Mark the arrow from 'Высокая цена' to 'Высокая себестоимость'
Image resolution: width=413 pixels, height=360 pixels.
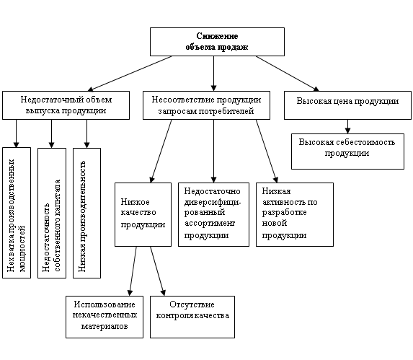[x=347, y=126]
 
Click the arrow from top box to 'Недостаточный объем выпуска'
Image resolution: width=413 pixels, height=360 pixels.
[x=130, y=74]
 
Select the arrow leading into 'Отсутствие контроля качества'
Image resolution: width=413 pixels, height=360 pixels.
[x=158, y=271]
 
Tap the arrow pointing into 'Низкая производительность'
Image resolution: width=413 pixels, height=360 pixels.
[x=86, y=133]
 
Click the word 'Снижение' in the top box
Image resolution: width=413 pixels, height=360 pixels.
[x=217, y=36]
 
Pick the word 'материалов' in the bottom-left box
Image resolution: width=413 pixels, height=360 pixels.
[x=105, y=326]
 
